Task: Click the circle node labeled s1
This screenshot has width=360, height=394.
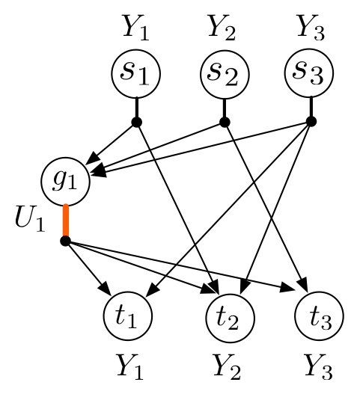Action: pyautogui.click(x=136, y=73)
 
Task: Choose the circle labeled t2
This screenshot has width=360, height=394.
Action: pyautogui.click(x=231, y=319)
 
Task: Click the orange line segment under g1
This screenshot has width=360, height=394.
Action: pyautogui.click(x=66, y=221)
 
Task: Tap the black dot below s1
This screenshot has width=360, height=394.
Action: pyautogui.click(x=136, y=122)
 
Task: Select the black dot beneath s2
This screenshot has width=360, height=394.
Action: pyautogui.click(x=224, y=121)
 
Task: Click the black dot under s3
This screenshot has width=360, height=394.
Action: pyautogui.click(x=311, y=121)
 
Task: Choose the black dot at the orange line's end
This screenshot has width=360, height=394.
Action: pyautogui.click(x=65, y=241)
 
